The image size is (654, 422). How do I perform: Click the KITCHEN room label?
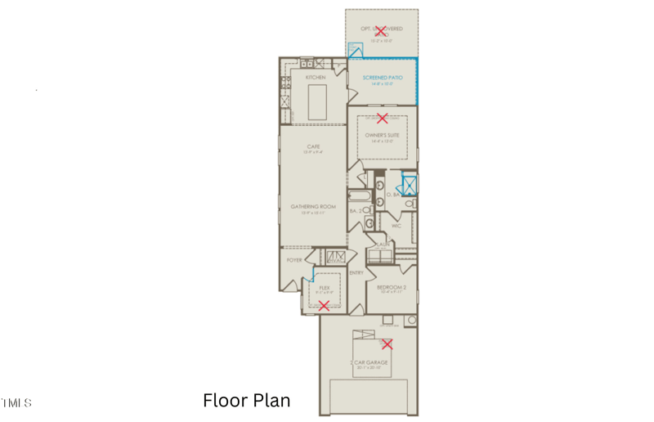[316, 77]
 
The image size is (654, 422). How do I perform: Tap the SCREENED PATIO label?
[383, 78]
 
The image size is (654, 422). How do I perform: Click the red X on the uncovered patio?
[380, 31]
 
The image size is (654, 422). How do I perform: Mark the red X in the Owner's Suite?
[382, 119]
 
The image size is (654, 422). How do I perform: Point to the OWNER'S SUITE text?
[382, 134]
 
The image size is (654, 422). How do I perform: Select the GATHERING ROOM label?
[313, 207]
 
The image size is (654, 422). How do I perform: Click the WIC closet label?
[396, 226]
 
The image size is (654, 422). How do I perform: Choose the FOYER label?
[294, 260]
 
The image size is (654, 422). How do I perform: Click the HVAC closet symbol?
[336, 257]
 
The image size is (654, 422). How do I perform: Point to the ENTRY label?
[356, 272]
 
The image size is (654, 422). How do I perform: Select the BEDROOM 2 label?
[392, 287]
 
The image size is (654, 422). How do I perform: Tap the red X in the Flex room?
[324, 306]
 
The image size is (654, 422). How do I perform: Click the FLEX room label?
[324, 288]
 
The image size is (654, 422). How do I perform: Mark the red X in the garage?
[387, 344]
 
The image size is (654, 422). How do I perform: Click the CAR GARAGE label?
[371, 361]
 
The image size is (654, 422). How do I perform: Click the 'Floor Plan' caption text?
[246, 401]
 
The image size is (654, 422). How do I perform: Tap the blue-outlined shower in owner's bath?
[410, 186]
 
